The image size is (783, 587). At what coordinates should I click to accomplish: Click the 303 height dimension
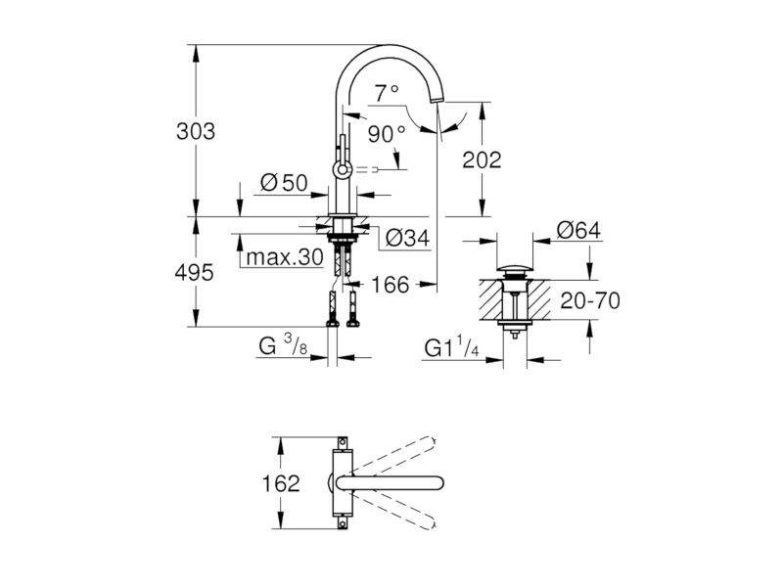196,131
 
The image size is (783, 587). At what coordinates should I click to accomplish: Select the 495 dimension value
194,273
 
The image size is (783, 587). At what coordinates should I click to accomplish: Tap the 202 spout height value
482,160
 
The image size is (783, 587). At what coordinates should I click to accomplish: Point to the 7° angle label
387,93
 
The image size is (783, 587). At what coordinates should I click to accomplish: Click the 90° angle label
387,134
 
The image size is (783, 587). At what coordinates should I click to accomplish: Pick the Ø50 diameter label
284,183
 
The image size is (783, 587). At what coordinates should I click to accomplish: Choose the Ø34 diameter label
407,238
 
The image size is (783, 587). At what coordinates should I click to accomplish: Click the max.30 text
285,257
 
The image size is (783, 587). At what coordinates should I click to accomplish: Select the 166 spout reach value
390,285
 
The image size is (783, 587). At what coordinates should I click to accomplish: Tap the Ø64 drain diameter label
579,230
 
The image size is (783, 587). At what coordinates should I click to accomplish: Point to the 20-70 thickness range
590,300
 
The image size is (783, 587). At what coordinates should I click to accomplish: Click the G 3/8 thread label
283,345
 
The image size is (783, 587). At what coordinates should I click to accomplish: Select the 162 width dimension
281,483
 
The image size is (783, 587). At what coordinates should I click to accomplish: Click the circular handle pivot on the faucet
343,170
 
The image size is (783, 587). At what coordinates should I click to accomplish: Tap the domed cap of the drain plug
515,271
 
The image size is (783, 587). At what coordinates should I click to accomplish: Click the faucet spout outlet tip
437,101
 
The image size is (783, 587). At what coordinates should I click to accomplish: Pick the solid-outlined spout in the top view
391,482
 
